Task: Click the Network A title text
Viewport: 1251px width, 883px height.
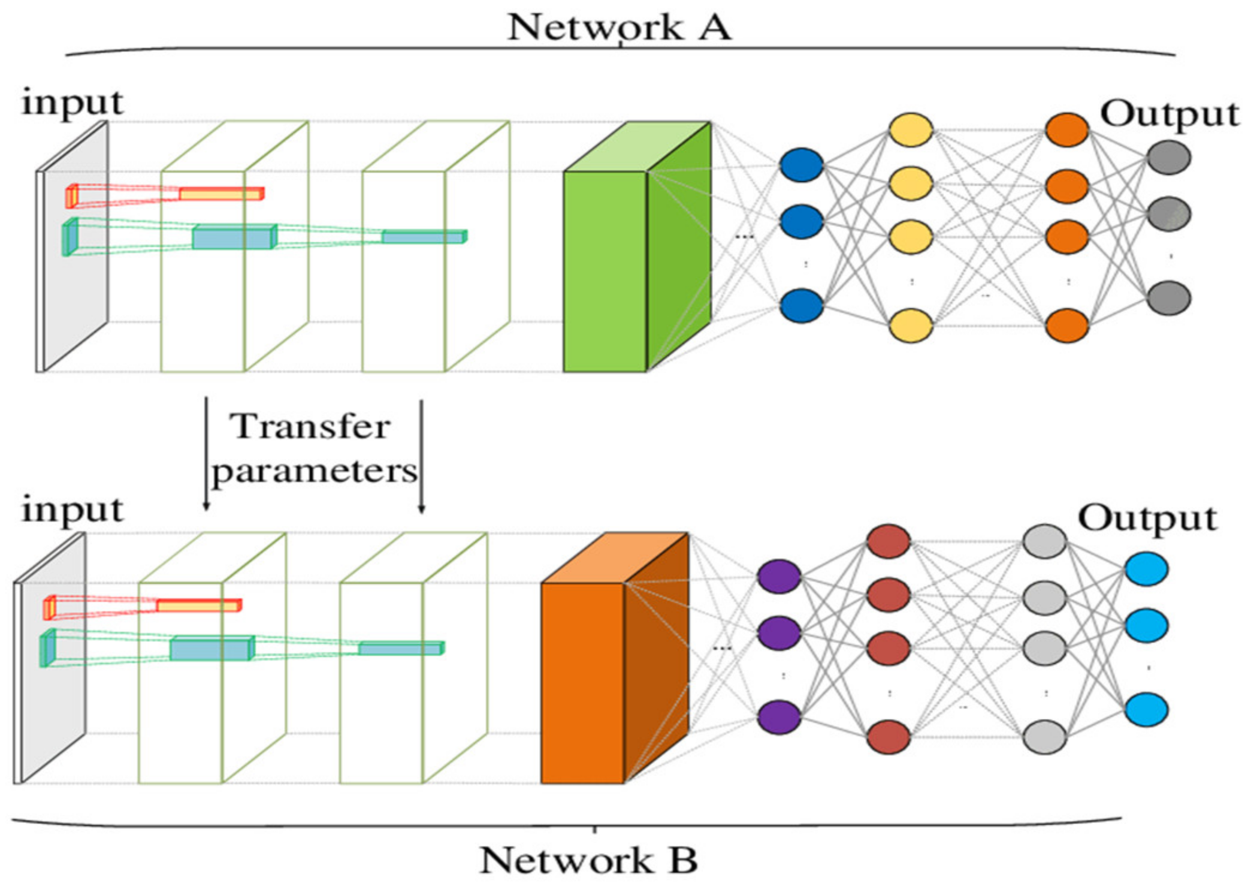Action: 619,28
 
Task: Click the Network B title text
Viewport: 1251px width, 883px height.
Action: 588,861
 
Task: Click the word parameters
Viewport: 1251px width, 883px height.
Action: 315,471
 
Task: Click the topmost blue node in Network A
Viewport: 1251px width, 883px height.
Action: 801,165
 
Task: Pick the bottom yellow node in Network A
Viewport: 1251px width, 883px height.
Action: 911,326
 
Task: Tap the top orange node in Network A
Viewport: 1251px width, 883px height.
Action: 1067,129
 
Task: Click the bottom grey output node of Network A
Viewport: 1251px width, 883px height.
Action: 1168,298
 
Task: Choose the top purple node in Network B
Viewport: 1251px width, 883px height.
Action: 779,577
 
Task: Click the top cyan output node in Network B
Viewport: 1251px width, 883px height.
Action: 1146,569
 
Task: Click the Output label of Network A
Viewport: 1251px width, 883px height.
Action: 1169,114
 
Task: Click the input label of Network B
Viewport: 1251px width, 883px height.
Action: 72,511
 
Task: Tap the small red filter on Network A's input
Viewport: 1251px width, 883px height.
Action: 72,195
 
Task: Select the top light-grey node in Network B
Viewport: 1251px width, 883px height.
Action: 1044,541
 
